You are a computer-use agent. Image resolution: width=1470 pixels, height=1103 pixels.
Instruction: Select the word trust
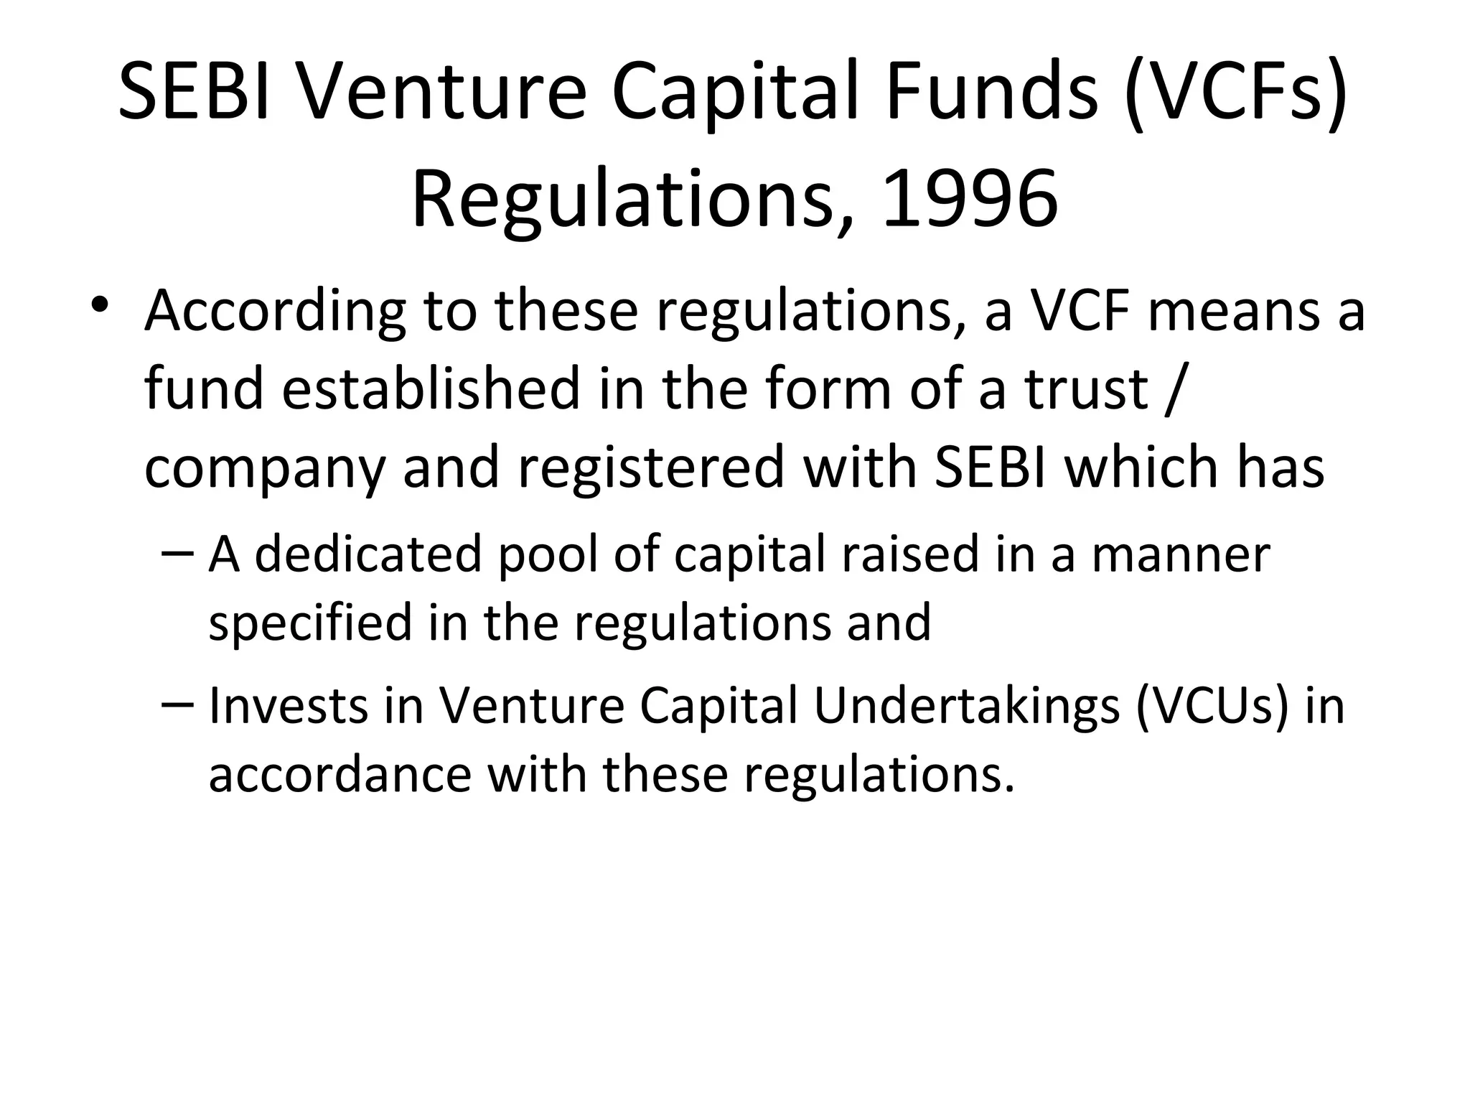tap(1087, 388)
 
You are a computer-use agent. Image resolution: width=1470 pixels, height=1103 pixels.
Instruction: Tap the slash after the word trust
tap(1171, 389)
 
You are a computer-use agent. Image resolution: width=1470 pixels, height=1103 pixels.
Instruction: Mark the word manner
tap(1181, 555)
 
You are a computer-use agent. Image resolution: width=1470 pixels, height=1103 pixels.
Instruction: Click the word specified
tap(309, 622)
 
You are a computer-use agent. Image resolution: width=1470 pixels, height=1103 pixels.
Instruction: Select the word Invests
tap(286, 705)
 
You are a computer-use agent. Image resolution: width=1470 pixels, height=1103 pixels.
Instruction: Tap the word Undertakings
tap(966, 707)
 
